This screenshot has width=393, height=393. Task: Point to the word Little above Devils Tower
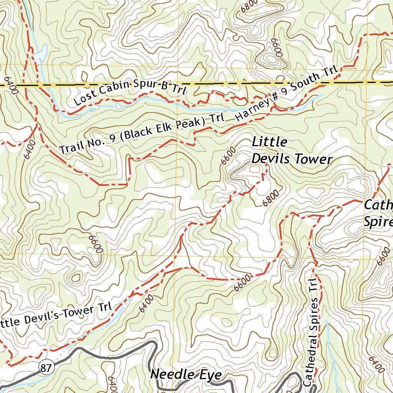[269, 142]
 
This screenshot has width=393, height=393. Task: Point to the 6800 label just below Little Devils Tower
[271, 197]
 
